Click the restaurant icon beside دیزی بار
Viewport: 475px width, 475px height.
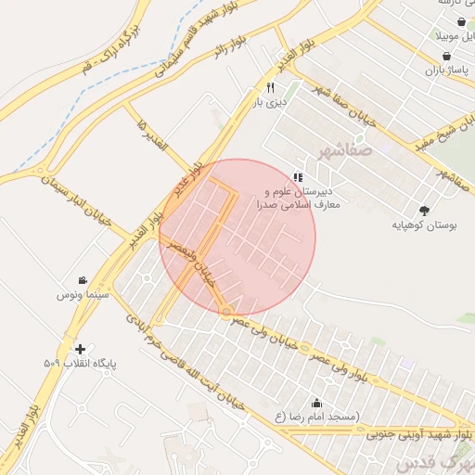coord(270,87)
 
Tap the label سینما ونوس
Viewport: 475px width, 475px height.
coord(83,294)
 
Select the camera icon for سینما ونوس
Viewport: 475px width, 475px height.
coord(83,280)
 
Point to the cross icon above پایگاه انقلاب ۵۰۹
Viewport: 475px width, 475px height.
coord(81,350)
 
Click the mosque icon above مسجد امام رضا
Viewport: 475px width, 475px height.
coord(317,403)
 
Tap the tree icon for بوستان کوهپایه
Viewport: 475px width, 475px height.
coord(424,211)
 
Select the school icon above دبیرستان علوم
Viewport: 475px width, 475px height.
coord(298,176)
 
